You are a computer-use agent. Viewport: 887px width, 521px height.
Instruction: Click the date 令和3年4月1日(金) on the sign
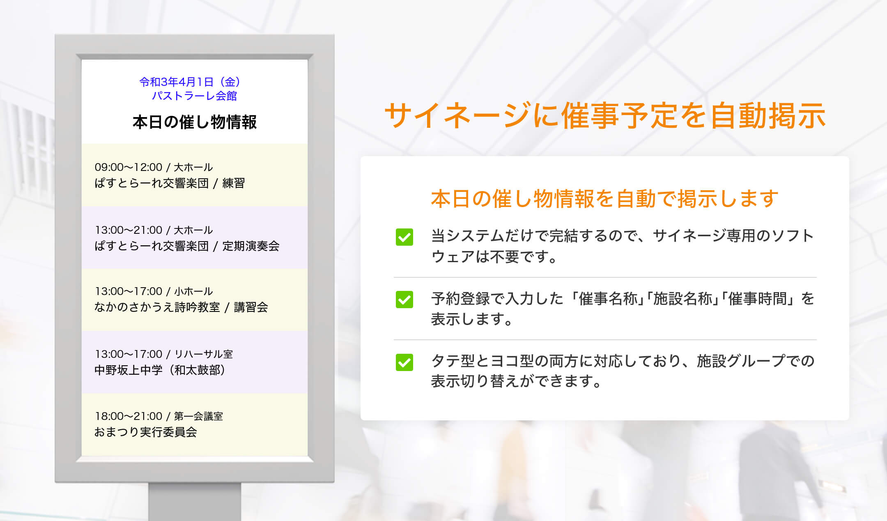click(190, 82)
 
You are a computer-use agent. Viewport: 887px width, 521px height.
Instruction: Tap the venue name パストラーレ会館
click(194, 96)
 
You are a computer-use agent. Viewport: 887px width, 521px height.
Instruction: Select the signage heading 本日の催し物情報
click(195, 122)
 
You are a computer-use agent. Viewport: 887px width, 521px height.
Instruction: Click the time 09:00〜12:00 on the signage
click(128, 167)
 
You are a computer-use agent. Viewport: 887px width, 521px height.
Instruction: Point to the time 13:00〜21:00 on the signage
click(128, 230)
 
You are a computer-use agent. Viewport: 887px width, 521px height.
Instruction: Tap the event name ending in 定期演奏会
click(187, 246)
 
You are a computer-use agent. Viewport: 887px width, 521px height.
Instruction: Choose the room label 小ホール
click(193, 291)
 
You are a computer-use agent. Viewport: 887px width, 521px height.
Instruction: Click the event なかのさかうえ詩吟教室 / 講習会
click(181, 307)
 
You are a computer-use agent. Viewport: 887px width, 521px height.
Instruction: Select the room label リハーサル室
click(203, 354)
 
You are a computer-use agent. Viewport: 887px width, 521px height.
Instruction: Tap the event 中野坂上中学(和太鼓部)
click(160, 370)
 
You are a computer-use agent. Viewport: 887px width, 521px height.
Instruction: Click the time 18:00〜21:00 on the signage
click(128, 416)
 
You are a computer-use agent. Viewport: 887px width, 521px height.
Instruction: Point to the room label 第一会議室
click(198, 416)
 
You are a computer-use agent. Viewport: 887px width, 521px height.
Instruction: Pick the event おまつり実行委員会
click(146, 432)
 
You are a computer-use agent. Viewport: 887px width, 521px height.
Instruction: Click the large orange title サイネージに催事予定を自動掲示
click(604, 115)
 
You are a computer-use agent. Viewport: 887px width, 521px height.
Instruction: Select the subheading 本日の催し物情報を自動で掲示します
click(604, 198)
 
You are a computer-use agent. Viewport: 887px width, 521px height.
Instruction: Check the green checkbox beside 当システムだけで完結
click(404, 237)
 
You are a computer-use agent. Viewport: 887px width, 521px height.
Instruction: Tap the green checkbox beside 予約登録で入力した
click(404, 300)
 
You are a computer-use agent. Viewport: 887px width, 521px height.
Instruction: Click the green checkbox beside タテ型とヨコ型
click(404, 362)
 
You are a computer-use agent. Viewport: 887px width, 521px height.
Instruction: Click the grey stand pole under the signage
click(195, 502)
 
